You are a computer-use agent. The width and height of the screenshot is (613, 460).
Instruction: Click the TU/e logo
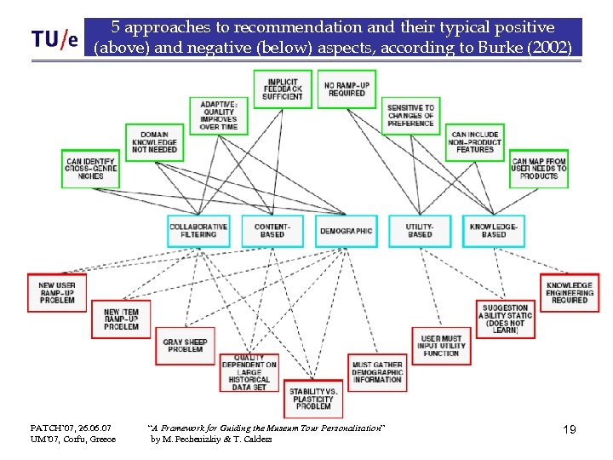(54, 39)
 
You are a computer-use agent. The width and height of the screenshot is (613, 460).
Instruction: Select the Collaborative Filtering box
(198, 230)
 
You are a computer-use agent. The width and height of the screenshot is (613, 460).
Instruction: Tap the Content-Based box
(272, 230)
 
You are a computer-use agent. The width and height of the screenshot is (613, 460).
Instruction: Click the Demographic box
(347, 230)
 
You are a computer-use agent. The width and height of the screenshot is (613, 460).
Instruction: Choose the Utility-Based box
(419, 230)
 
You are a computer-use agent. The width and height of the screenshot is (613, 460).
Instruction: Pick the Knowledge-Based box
(494, 230)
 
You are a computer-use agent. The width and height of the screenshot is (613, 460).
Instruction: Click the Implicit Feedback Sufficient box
(283, 89)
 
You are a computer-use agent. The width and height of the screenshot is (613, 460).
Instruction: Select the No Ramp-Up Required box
(347, 89)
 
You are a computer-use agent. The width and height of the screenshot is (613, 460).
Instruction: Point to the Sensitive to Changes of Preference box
(410, 116)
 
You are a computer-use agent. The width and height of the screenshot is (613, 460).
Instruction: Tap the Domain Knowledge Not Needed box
(154, 142)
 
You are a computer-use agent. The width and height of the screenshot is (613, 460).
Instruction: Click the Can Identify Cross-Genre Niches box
(90, 168)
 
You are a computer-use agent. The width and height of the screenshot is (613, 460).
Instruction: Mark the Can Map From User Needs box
(539, 168)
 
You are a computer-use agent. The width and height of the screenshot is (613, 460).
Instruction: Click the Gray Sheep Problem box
(186, 345)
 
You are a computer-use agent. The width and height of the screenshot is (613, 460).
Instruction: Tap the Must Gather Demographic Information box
(377, 372)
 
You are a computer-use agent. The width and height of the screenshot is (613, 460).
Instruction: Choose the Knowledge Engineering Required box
(570, 293)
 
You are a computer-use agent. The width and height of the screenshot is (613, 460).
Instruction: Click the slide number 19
(569, 430)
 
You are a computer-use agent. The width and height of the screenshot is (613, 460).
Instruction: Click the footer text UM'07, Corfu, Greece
(73, 440)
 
